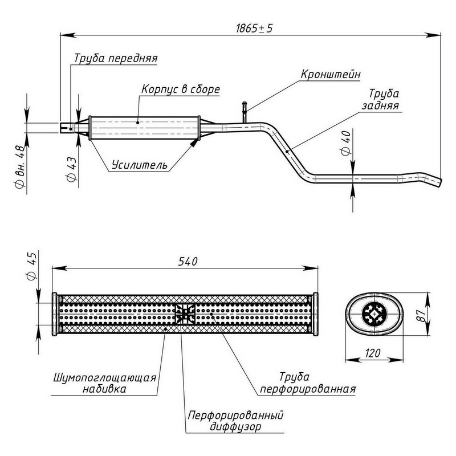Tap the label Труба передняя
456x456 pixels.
[x=116, y=58]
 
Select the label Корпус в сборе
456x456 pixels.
[x=180, y=90]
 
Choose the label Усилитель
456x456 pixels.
[x=140, y=165]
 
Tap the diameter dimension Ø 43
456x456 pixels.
[x=72, y=169]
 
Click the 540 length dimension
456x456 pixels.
[x=188, y=262]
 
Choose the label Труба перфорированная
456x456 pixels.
[x=308, y=384]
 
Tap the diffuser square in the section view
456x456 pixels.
[x=184, y=313]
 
